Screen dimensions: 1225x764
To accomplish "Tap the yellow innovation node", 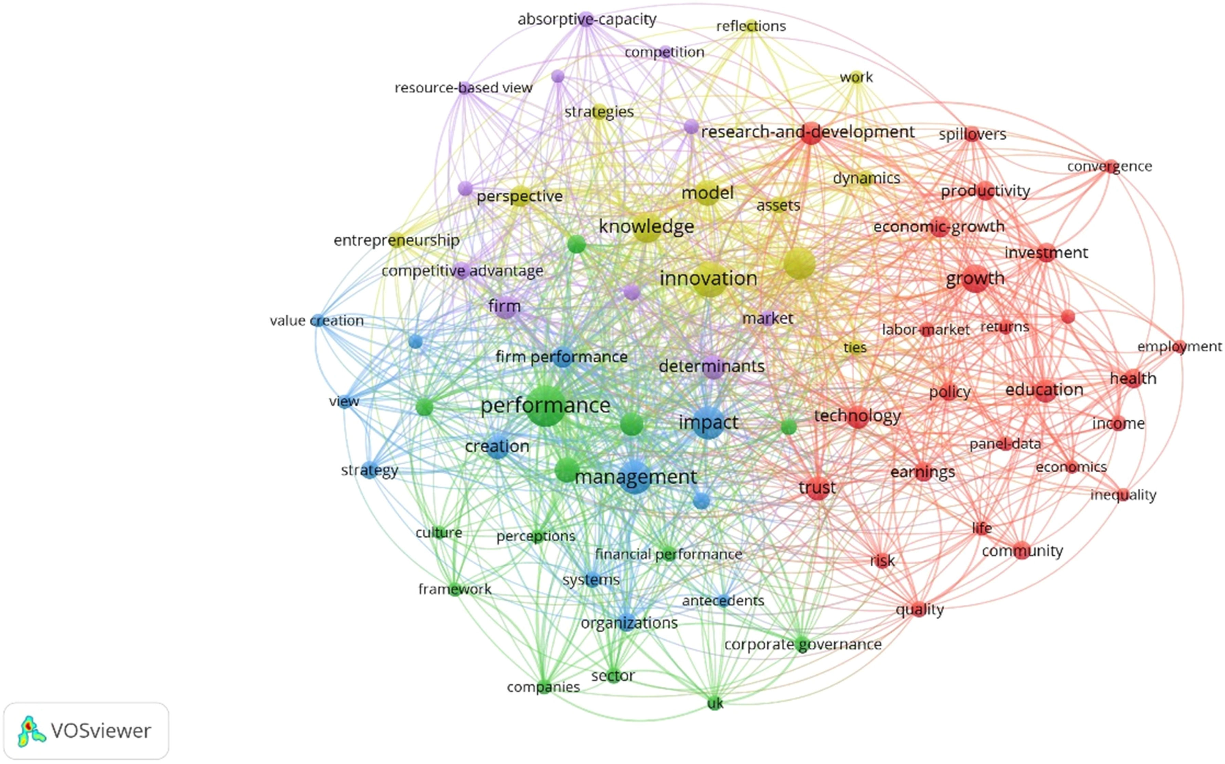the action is tap(709, 278).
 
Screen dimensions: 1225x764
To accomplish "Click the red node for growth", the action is tap(975, 278).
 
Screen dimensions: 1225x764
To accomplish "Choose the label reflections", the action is tap(751, 26).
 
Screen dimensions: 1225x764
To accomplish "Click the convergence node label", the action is tap(1109, 166).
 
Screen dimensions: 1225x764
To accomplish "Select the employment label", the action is tap(1179, 347).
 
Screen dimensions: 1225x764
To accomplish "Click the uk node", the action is tap(715, 703).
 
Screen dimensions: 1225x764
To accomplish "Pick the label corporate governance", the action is tap(803, 645).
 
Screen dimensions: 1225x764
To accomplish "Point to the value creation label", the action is tap(317, 321).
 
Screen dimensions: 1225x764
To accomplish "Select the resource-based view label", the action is tap(463, 88).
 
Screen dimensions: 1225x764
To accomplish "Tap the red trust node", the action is tap(817, 488).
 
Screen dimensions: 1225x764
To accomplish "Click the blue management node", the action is tap(635, 477).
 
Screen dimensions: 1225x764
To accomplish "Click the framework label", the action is tap(455, 589).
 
